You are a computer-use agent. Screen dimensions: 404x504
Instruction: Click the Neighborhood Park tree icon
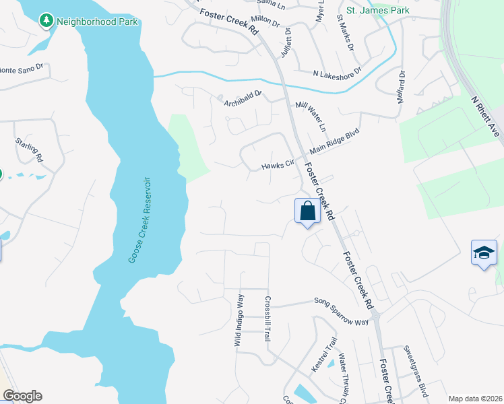point(46,21)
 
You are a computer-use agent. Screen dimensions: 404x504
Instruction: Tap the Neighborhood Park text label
point(97,22)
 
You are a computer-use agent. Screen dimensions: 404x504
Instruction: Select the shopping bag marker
point(307,211)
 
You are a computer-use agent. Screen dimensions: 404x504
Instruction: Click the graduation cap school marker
point(484,253)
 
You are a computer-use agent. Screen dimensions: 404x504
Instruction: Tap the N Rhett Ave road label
point(486,116)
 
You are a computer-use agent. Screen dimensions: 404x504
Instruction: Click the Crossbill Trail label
point(267,318)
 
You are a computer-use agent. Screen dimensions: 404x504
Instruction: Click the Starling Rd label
point(29,150)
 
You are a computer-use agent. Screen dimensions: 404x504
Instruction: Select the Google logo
point(22,396)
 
